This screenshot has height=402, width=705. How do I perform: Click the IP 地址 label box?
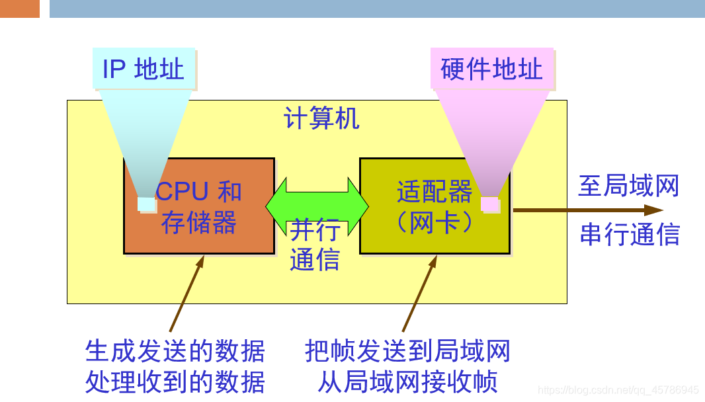pos(144,69)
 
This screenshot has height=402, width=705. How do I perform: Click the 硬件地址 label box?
pos(491,69)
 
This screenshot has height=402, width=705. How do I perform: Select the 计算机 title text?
pos(321,119)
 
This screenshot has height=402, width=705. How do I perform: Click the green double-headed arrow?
pos(317,205)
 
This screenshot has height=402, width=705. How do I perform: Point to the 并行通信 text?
pos(315,245)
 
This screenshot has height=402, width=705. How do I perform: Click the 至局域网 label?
pos(629,186)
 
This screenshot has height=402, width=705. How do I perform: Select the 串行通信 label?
pos(630,235)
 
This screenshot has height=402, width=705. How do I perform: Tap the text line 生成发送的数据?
pos(175,351)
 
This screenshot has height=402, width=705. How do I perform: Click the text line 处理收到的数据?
pos(175,382)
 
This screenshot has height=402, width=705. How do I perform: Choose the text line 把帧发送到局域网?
pos(407,351)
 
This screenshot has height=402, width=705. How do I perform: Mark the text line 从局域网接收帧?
pos(407,382)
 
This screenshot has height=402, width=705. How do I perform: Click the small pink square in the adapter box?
pos(490,204)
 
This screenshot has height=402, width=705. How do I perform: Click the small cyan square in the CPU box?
pos(146,204)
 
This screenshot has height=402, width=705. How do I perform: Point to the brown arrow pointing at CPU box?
pos(187,294)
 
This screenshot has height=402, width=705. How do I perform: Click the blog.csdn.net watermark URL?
pos(618,390)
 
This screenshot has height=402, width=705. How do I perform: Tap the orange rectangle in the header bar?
pos(19,9)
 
